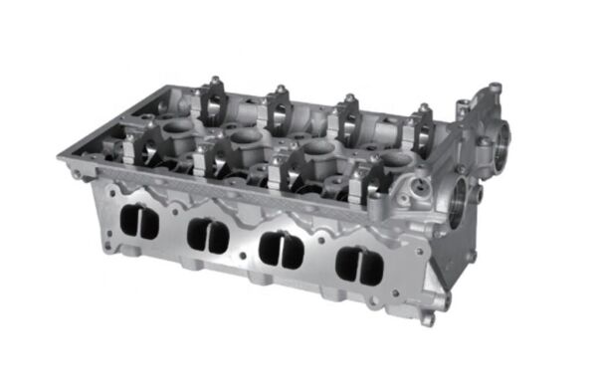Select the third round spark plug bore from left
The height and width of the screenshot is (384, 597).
318,148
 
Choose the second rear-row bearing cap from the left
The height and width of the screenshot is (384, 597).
279,107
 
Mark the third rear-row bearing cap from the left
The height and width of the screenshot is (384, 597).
350,116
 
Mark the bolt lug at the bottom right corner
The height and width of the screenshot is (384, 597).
428,318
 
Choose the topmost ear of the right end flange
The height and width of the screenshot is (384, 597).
495,89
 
